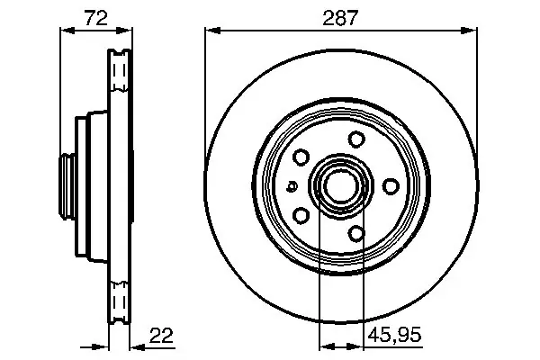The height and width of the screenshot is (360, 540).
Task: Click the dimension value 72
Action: point(96,17)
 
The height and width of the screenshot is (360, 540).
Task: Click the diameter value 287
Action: point(340,18)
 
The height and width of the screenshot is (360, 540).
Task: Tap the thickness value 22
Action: point(161,335)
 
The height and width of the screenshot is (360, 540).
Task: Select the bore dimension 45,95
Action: point(394,334)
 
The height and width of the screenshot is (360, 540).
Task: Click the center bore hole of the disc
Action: point(340,186)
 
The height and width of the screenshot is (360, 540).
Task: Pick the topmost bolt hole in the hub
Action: point(356,139)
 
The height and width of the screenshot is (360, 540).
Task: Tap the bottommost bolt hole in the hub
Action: point(356,234)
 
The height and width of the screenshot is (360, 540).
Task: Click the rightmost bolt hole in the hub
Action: point(391,186)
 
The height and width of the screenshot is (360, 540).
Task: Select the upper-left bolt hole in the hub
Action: point(301,157)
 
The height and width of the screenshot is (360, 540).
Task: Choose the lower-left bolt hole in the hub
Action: point(301,216)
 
